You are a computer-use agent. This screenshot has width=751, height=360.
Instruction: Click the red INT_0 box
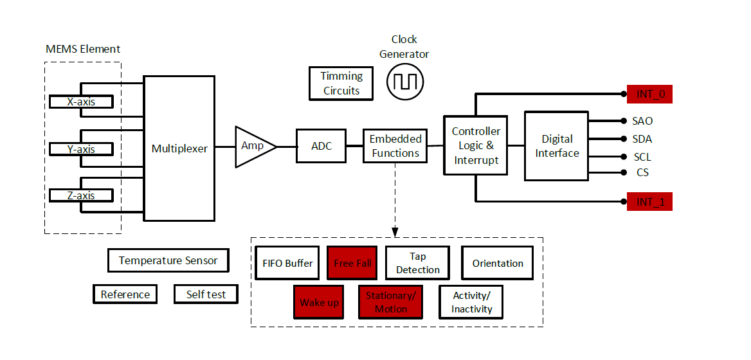649,94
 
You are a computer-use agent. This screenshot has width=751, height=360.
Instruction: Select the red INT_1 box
649,202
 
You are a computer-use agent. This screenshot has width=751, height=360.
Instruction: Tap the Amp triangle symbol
253,147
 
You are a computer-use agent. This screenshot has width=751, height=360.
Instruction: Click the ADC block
321,146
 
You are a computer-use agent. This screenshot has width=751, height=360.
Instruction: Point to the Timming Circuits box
341,83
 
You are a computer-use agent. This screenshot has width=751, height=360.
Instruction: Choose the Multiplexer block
179,148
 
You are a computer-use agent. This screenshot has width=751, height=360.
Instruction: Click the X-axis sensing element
81,102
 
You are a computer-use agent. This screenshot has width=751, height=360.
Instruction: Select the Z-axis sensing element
81,195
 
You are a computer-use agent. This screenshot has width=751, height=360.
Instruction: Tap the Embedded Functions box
395,146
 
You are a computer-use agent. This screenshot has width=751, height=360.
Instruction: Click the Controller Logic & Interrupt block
476,145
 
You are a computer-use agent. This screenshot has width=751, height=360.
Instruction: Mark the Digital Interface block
557,146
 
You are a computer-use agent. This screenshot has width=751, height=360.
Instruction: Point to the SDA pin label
642,139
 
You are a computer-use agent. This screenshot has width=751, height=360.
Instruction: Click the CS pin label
642,172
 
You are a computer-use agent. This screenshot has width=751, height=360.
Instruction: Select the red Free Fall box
352,263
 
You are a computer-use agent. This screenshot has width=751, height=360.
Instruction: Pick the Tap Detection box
417,263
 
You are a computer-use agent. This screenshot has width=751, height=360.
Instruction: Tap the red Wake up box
319,302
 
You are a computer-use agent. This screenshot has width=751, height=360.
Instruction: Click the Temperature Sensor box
168,260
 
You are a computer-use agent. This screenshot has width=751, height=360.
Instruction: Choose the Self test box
206,294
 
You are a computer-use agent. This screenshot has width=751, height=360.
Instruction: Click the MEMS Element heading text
83,49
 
